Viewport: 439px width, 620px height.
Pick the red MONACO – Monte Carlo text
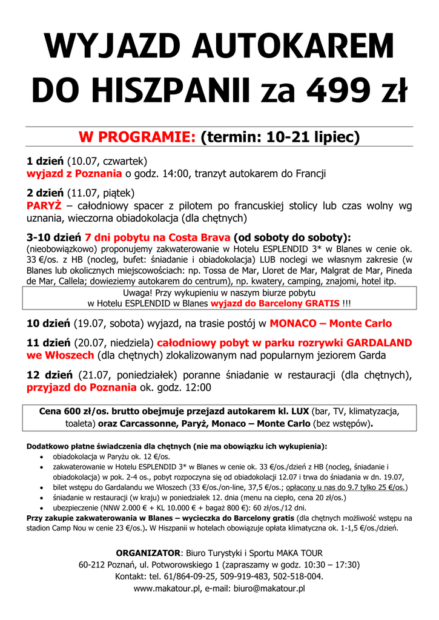click(331, 323)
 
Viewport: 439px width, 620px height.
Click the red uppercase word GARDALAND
click(379, 343)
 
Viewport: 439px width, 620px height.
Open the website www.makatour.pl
click(165, 588)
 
